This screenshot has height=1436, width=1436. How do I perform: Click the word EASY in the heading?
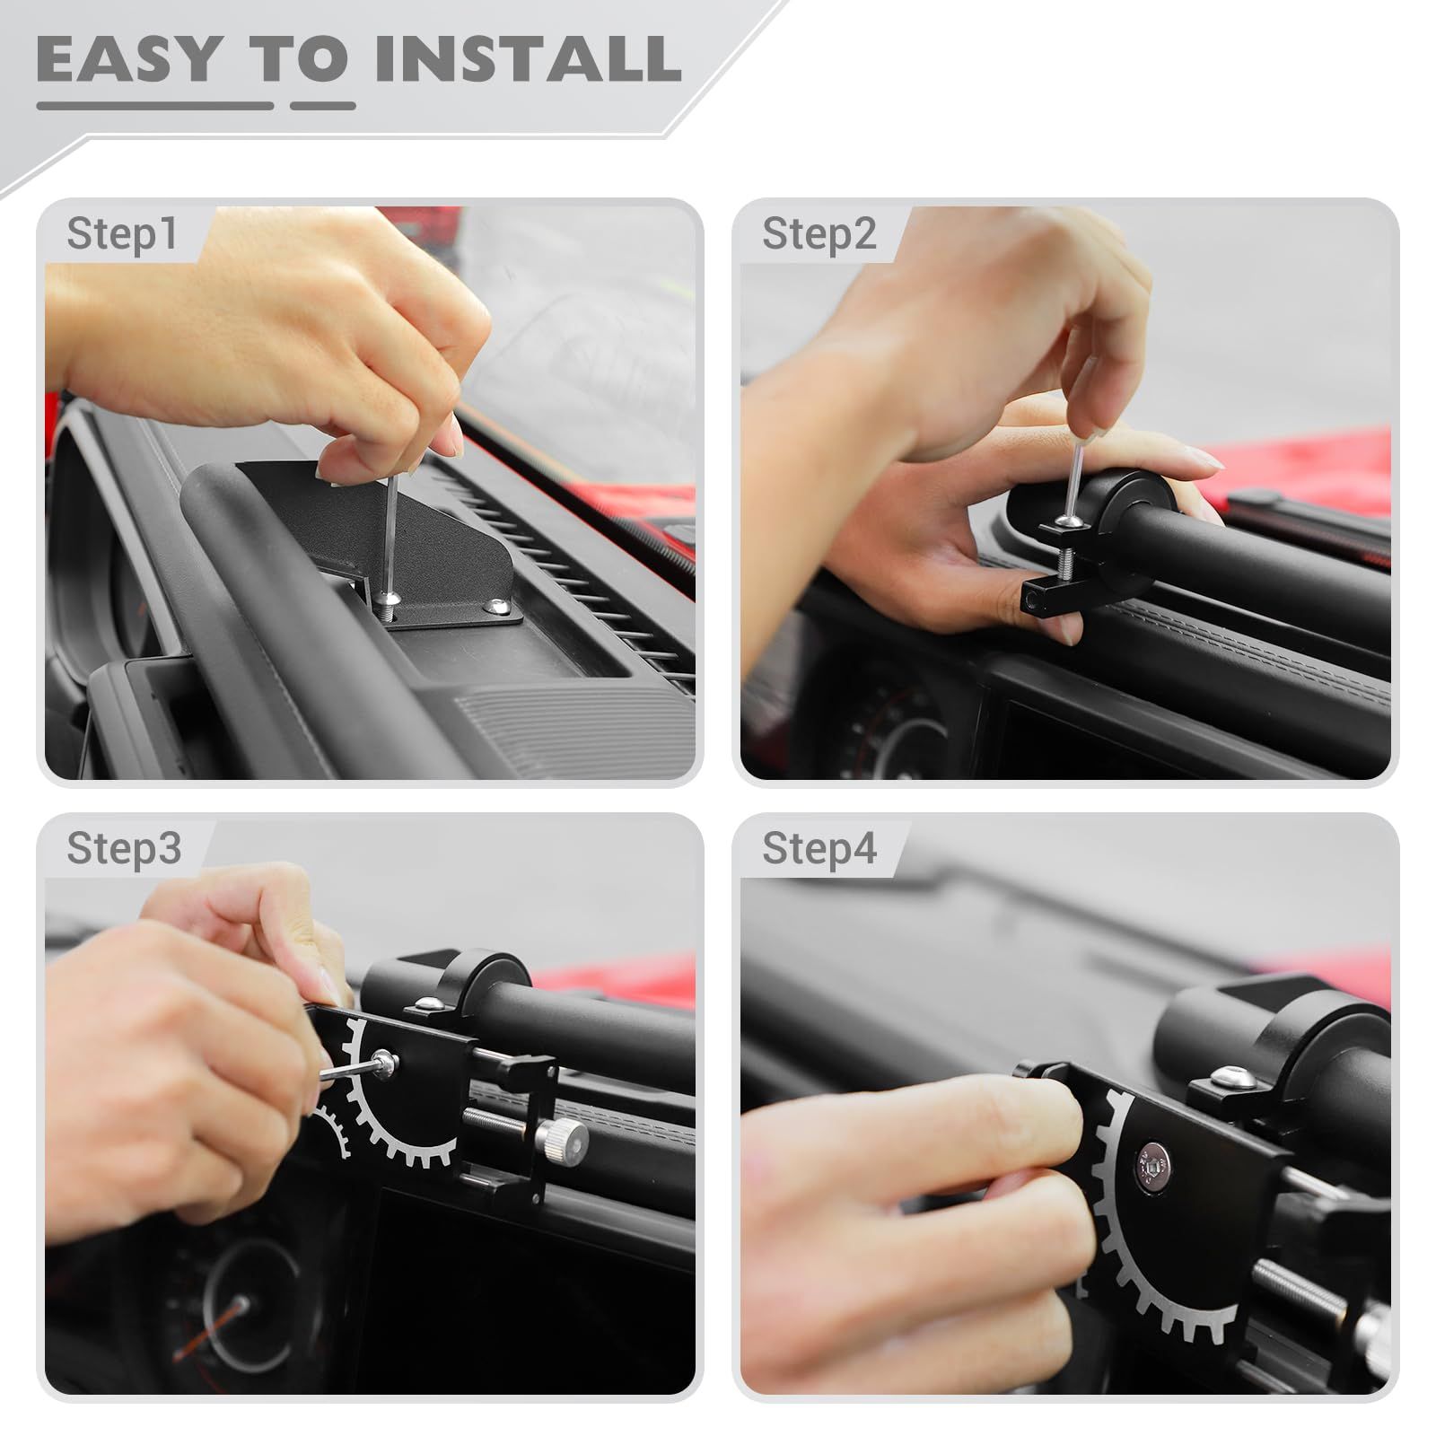coord(127,59)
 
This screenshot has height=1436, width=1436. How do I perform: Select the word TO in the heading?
coord(299,59)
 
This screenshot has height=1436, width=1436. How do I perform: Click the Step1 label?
coord(122,234)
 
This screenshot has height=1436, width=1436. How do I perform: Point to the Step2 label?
coord(819,234)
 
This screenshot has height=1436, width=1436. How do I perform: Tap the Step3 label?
coord(124,848)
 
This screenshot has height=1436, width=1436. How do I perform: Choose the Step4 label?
coord(819,848)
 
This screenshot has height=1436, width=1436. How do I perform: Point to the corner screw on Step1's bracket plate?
coord(494,609)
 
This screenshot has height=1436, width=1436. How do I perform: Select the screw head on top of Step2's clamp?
coord(1065,521)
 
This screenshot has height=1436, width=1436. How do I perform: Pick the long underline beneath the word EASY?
coord(155,106)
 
